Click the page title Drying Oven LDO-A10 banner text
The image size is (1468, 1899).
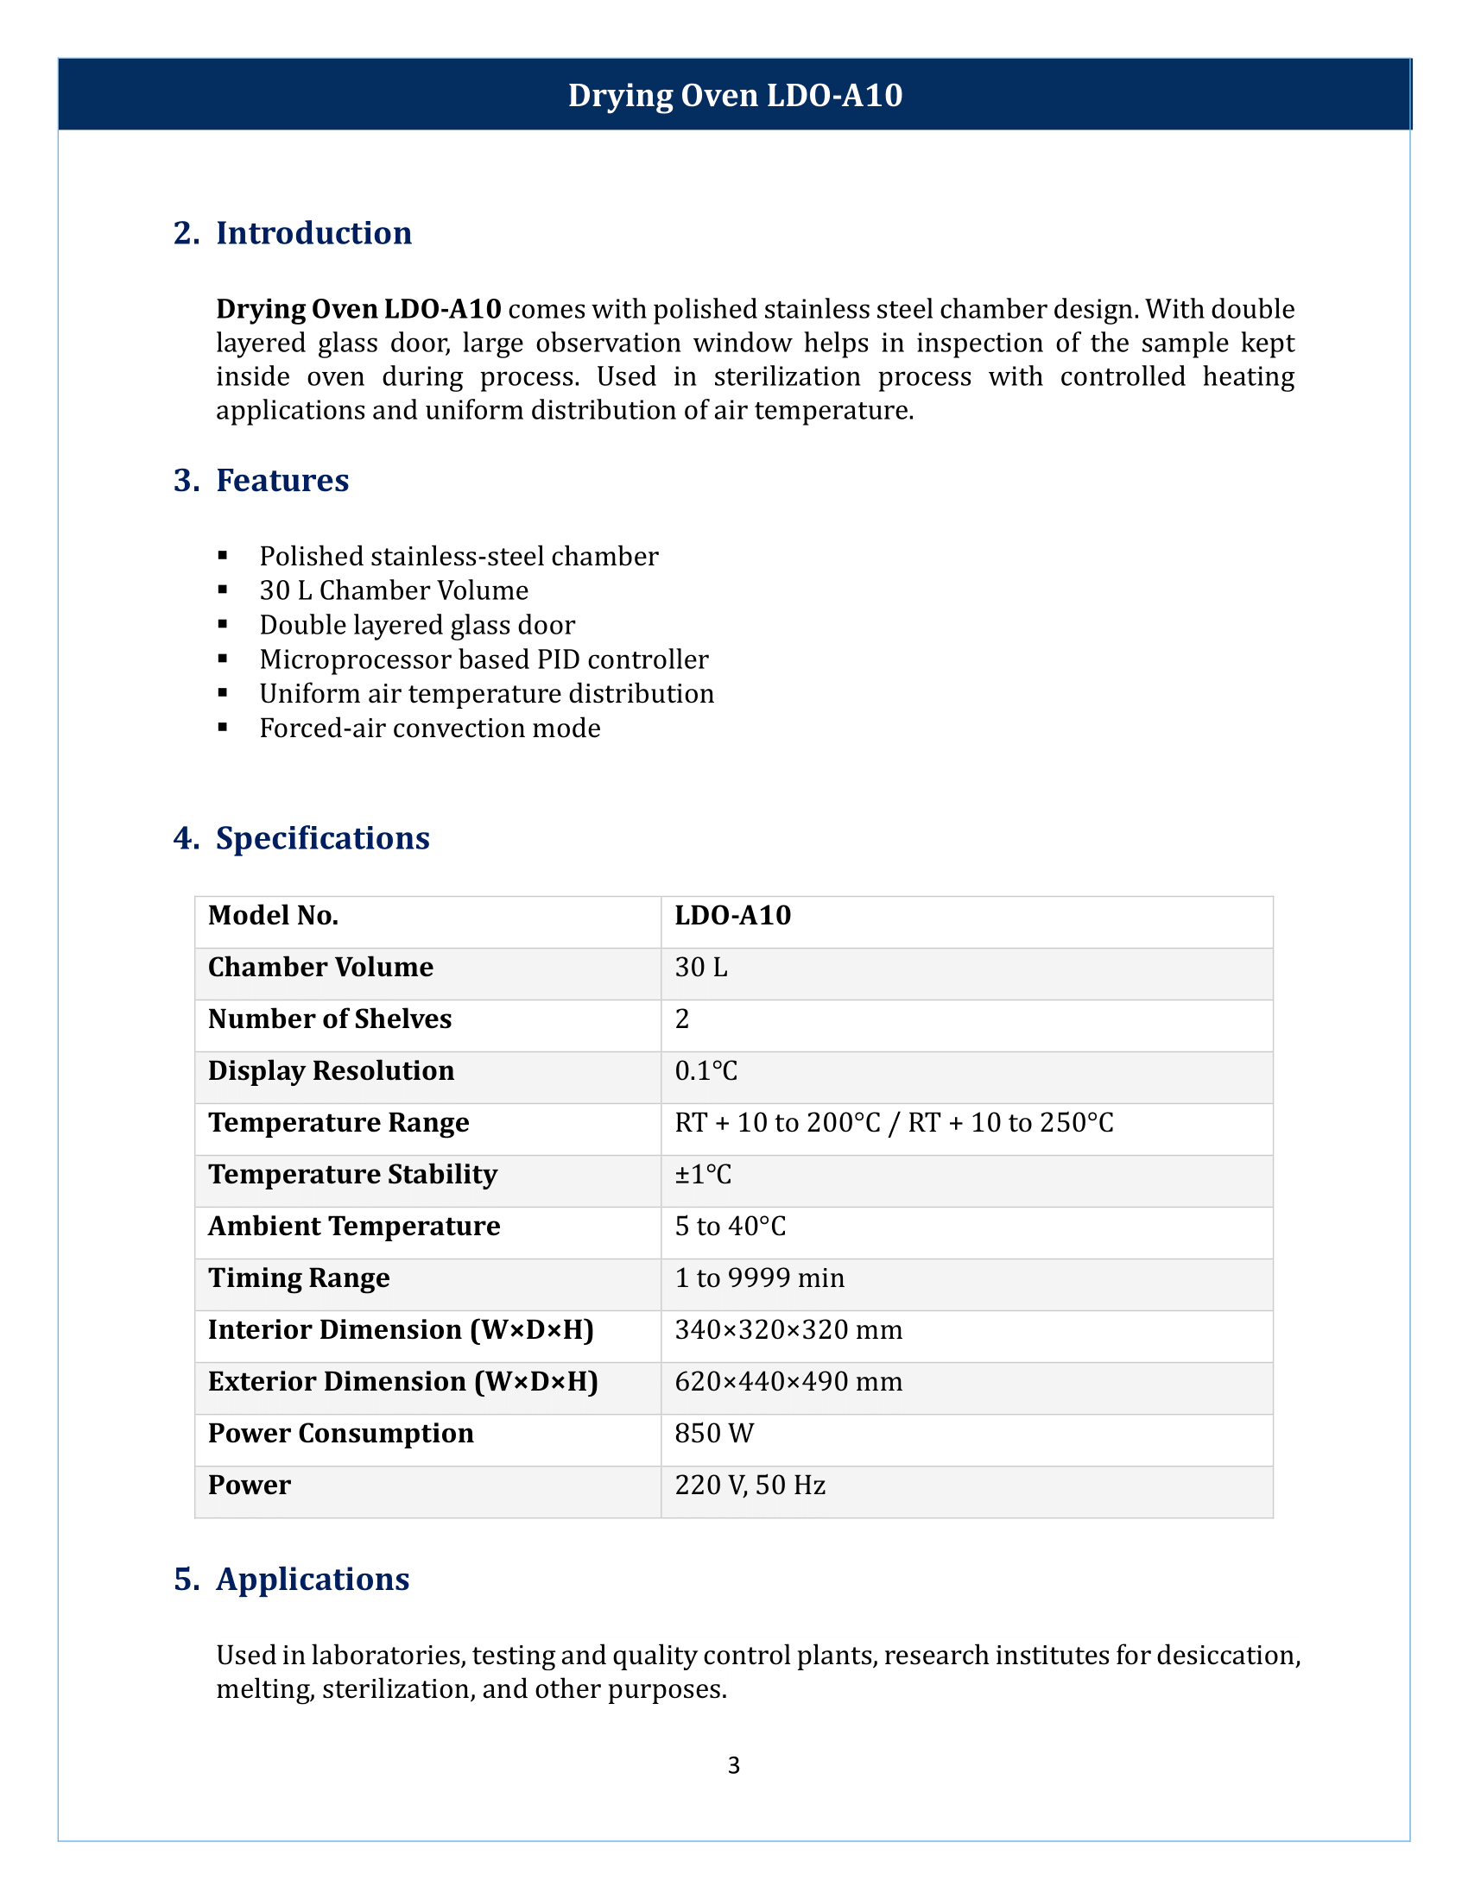click(x=735, y=95)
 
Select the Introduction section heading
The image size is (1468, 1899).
click(x=313, y=233)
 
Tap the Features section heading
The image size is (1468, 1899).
click(x=282, y=480)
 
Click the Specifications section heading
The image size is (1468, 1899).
click(x=322, y=838)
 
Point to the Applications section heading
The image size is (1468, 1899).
click(x=313, y=1579)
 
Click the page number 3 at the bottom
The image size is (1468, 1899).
click(x=734, y=1765)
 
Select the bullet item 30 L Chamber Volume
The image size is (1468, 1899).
click(x=393, y=590)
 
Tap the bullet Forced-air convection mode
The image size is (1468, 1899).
click(x=430, y=728)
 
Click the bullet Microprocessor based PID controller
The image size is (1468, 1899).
click(x=484, y=659)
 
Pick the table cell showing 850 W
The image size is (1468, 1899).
click(x=714, y=1433)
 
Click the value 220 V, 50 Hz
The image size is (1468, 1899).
click(x=750, y=1486)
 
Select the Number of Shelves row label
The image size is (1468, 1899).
click(x=330, y=1019)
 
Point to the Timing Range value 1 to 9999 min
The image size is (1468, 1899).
click(x=759, y=1278)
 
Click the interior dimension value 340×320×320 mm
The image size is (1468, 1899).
click(x=788, y=1329)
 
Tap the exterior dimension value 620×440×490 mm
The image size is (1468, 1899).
click(x=788, y=1382)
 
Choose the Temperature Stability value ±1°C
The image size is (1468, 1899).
click(x=703, y=1175)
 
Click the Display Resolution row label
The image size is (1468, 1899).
click(x=331, y=1071)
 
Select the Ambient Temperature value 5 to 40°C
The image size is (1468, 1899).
click(x=730, y=1226)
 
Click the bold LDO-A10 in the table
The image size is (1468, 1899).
click(x=732, y=916)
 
